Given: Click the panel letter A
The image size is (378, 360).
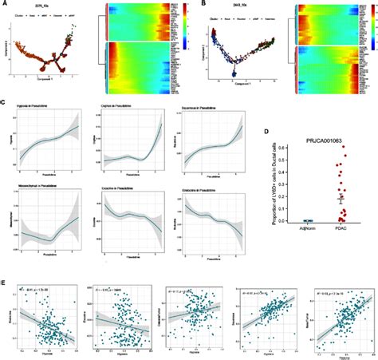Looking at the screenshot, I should pyautogui.click(x=5, y=4).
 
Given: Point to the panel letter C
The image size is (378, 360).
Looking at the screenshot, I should pyautogui.click(x=5, y=101).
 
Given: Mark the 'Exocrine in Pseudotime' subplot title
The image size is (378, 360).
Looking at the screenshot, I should pyautogui.click(x=116, y=189).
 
